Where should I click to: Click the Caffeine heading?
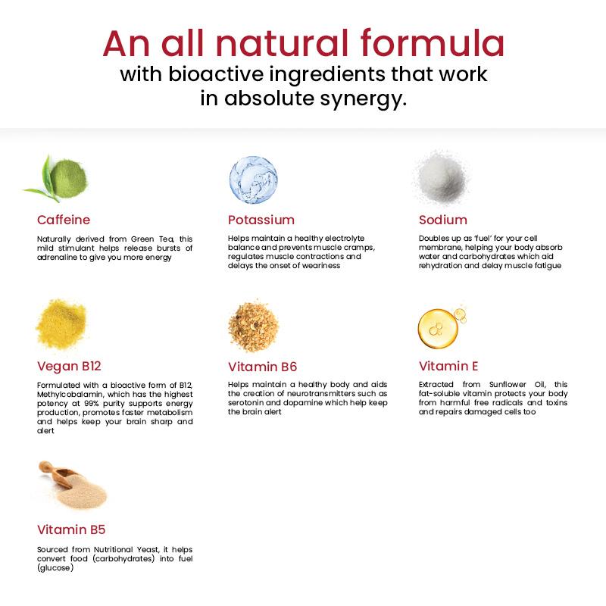pyautogui.click(x=64, y=220)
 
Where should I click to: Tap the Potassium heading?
pyautogui.click(x=261, y=220)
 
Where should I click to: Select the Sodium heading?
pyautogui.click(x=443, y=220)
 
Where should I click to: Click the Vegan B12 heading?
pyautogui.click(x=70, y=367)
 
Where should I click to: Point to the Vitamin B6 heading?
pyautogui.click(x=262, y=367)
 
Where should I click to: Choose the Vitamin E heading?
pyautogui.click(x=448, y=367)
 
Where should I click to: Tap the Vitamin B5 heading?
pyautogui.click(x=71, y=529)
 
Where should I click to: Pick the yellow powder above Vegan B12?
pyautogui.click(x=61, y=324)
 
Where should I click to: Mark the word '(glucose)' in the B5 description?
pyautogui.click(x=55, y=567)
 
